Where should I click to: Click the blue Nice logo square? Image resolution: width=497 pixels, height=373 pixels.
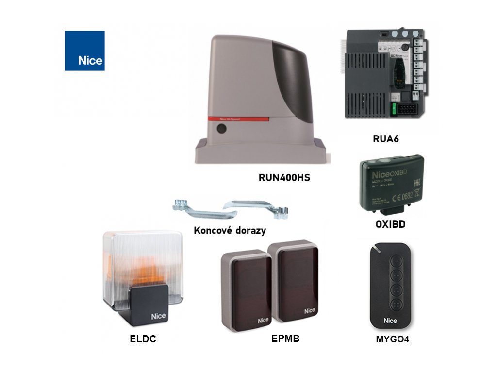pos(84,51)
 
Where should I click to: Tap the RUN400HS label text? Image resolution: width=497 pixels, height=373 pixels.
pos(284,178)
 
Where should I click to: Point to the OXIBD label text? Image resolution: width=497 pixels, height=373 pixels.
pos(390,225)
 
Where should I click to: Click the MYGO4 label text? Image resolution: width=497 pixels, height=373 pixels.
pos(392,339)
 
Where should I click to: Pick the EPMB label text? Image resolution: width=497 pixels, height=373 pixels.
pos(285,339)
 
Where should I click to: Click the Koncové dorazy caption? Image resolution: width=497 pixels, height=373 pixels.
pos(230,230)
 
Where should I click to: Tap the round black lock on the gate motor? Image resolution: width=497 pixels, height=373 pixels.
pos(221,129)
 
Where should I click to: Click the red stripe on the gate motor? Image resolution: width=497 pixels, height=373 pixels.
pos(238,119)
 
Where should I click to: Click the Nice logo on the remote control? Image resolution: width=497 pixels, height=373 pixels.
pos(390,321)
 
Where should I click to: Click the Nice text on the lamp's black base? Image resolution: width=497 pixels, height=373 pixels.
pos(158,316)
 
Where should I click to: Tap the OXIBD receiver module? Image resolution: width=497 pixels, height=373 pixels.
pos(390,184)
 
